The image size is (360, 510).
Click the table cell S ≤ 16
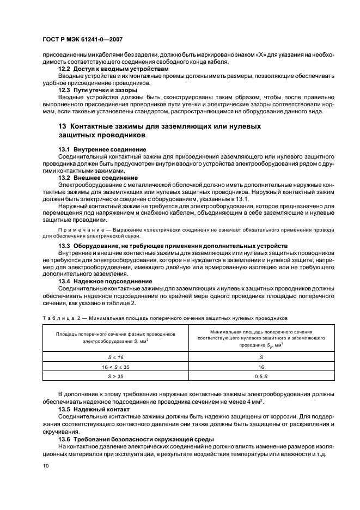pyautogui.click(x=115, y=357)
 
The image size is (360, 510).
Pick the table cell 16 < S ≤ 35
pyautogui.click(x=115, y=367)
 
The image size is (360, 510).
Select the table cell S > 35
pyautogui.click(x=115, y=377)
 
